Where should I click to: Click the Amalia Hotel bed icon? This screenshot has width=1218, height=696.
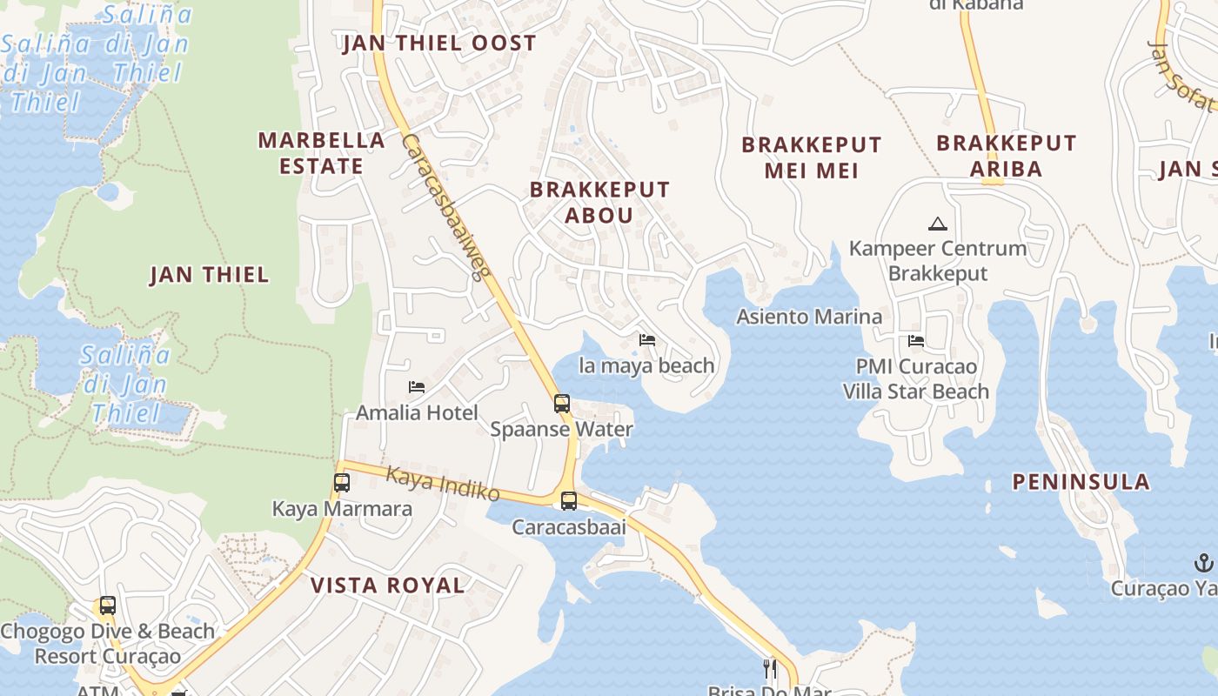pyautogui.click(x=417, y=387)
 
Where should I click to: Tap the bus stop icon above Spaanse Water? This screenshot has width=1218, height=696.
pyautogui.click(x=562, y=404)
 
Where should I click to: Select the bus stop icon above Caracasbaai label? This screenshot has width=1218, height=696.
pyautogui.click(x=568, y=501)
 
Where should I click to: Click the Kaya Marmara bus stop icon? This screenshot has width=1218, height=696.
pyautogui.click(x=342, y=483)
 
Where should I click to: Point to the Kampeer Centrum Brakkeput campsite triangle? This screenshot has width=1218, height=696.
pyautogui.click(x=937, y=224)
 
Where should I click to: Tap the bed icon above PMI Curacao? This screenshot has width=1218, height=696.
pyautogui.click(x=916, y=341)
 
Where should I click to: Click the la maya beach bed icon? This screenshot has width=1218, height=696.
pyautogui.click(x=647, y=340)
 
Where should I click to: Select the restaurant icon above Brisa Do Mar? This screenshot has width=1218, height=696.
pyautogui.click(x=770, y=668)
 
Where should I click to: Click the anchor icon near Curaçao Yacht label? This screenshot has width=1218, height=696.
pyautogui.click(x=1204, y=562)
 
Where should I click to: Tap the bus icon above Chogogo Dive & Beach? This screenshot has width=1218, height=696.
pyautogui.click(x=108, y=606)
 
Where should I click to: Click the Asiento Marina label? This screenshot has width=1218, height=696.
pyautogui.click(x=809, y=317)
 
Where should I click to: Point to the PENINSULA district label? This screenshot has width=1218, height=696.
pyautogui.click(x=1081, y=482)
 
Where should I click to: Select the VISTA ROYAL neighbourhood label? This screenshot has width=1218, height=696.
pyautogui.click(x=388, y=586)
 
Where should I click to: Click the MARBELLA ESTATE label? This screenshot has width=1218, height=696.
pyautogui.click(x=322, y=153)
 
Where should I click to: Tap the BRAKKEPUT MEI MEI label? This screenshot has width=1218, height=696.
pyautogui.click(x=811, y=157)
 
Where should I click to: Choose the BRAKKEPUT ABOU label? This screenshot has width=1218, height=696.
pyautogui.click(x=599, y=202)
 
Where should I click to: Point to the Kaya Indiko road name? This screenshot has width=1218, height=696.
pyautogui.click(x=443, y=484)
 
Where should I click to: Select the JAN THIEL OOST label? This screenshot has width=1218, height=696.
pyautogui.click(x=439, y=43)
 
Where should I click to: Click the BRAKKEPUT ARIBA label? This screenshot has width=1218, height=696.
pyautogui.click(x=1006, y=156)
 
